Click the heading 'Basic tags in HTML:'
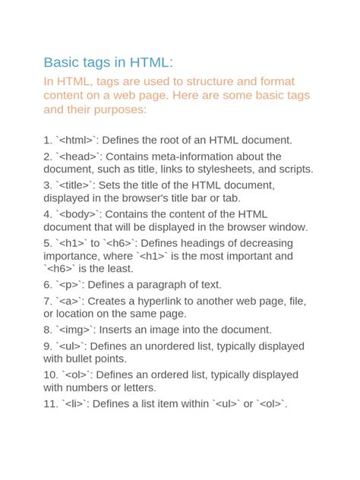tap(108, 62)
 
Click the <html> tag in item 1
tap(78, 141)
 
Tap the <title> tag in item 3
tap(76, 185)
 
